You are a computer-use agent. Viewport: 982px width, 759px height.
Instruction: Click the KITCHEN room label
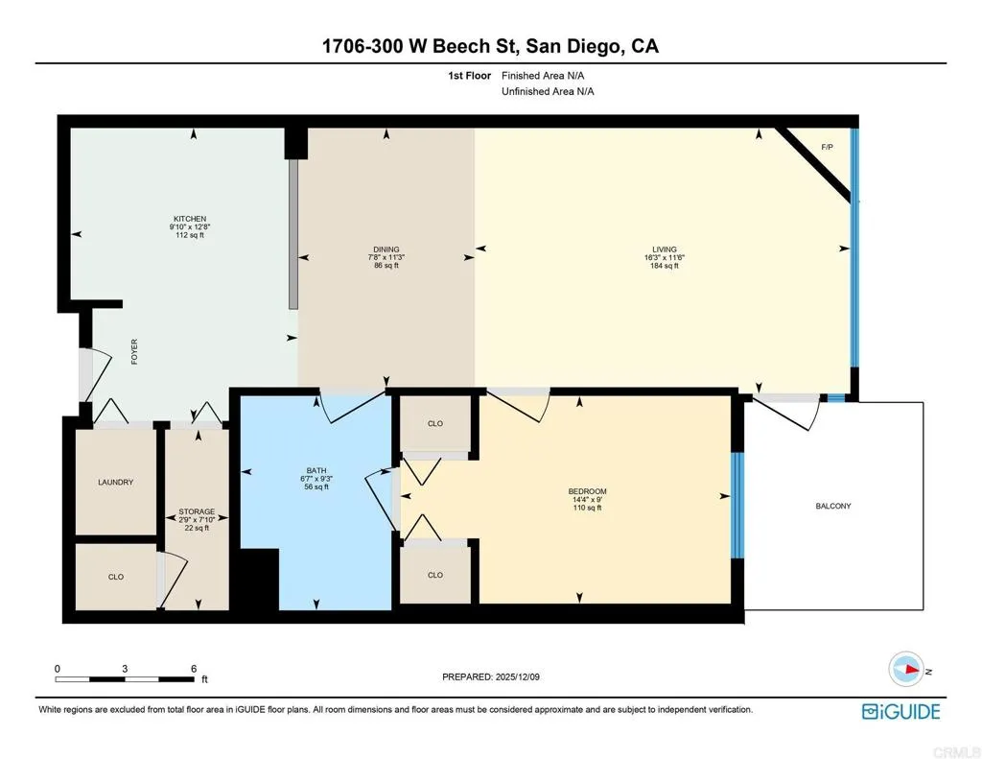190,219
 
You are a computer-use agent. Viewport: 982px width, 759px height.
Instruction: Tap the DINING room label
386,249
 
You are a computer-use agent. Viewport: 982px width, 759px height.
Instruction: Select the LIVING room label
662,249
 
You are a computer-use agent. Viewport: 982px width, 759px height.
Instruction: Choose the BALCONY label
833,506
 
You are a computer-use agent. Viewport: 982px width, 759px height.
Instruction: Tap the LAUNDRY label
115,482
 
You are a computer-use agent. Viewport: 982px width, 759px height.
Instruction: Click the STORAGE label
197,511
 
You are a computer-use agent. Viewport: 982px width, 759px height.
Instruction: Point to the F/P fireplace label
827,147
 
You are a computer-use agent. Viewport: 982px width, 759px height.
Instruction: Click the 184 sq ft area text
664,266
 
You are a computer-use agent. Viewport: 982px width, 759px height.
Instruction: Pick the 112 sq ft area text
190,235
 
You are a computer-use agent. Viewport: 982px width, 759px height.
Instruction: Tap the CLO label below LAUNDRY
115,576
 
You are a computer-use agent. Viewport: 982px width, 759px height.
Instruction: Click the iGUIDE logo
900,711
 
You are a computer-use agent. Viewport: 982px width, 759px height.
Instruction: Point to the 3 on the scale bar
125,668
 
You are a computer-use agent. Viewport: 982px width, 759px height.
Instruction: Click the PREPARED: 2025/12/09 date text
491,676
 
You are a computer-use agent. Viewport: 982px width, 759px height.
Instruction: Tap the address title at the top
491,46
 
